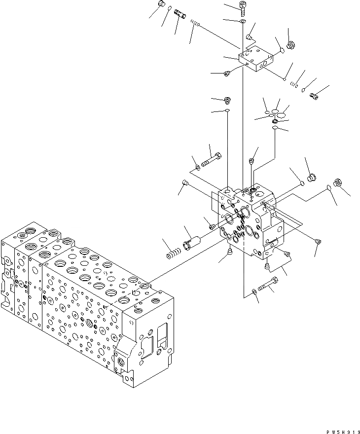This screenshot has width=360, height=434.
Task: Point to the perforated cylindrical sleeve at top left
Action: point(181,16)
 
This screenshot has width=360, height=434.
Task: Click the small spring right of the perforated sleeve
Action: point(196,23)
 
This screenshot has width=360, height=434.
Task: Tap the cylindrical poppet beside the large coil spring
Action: point(193,242)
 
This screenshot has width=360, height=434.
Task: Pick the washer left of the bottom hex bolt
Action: point(253,292)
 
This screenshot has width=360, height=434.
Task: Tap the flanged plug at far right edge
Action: point(338,182)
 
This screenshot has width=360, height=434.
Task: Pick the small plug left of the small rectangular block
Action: point(227,74)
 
